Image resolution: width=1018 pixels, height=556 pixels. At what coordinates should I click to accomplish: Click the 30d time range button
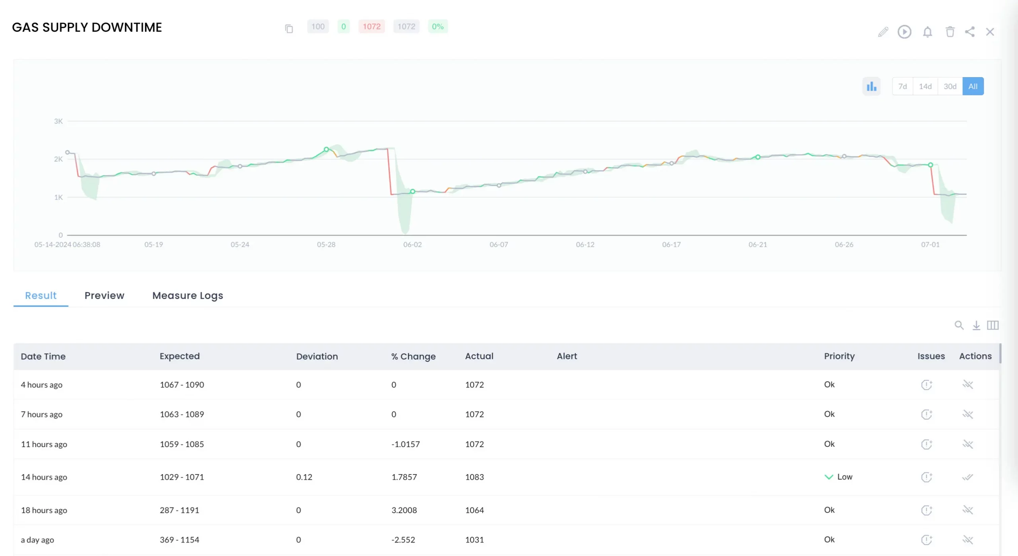[950, 86]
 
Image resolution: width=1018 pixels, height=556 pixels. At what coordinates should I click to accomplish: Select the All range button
[973, 86]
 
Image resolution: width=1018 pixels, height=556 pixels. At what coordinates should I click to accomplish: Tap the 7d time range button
[902, 86]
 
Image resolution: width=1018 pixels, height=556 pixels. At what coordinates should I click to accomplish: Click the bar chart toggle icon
[871, 86]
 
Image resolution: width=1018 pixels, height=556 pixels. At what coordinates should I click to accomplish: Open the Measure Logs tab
[188, 295]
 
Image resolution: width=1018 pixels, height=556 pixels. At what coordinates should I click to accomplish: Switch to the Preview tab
[104, 295]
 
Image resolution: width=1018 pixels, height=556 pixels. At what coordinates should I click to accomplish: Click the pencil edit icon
[883, 32]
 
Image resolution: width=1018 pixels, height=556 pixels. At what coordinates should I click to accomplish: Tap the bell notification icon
[927, 32]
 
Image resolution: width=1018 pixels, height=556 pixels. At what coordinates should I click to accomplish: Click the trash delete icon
[950, 32]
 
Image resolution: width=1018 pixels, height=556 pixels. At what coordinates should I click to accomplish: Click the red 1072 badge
[371, 27]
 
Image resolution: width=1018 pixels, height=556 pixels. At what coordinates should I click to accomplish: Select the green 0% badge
[437, 27]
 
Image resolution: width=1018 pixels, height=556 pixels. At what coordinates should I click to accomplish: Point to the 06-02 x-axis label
[412, 244]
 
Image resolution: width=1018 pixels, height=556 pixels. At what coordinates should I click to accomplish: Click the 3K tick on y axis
[58, 121]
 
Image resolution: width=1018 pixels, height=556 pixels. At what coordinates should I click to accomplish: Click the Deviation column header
[317, 356]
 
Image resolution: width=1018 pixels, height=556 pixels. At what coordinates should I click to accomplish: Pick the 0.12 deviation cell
[304, 477]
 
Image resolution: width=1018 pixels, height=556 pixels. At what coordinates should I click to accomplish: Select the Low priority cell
[839, 477]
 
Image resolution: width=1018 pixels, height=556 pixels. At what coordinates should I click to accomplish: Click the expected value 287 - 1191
[179, 510]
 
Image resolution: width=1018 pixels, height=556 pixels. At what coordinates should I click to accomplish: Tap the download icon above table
[976, 325]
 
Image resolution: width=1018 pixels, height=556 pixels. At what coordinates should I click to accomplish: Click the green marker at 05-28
[326, 149]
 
